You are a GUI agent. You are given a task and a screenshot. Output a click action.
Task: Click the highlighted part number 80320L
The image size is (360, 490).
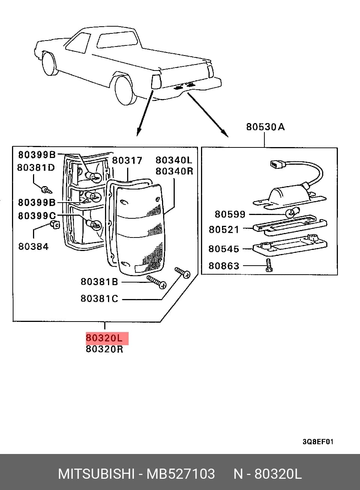coord(104,338)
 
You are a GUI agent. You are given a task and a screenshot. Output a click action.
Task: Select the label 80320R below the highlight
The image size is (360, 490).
coord(105,349)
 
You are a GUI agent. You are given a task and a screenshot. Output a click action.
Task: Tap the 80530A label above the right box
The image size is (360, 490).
coord(265,127)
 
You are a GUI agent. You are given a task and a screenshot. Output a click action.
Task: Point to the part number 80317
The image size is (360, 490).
coord(127,161)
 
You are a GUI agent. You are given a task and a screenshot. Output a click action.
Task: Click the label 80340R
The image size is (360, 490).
coord(174,171)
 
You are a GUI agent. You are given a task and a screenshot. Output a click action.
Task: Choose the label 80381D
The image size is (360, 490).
coord(36,168)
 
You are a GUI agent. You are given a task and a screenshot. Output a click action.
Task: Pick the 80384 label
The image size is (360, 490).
coord(33,247)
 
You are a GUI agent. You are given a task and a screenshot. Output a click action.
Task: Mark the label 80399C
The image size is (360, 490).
coord(37,216)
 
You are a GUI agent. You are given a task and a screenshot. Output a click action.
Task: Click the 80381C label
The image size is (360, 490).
coord(99,298)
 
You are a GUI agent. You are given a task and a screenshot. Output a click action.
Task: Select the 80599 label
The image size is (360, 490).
coord(230,214)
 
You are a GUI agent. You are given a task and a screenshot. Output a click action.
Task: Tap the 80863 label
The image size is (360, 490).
coord(224,266)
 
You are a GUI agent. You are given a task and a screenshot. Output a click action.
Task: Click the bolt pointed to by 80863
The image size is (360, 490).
coord(268,265)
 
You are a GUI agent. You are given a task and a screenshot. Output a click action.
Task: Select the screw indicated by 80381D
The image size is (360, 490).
coord(46,189)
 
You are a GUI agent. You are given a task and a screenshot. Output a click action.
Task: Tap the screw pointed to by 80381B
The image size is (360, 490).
coord(156,282)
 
